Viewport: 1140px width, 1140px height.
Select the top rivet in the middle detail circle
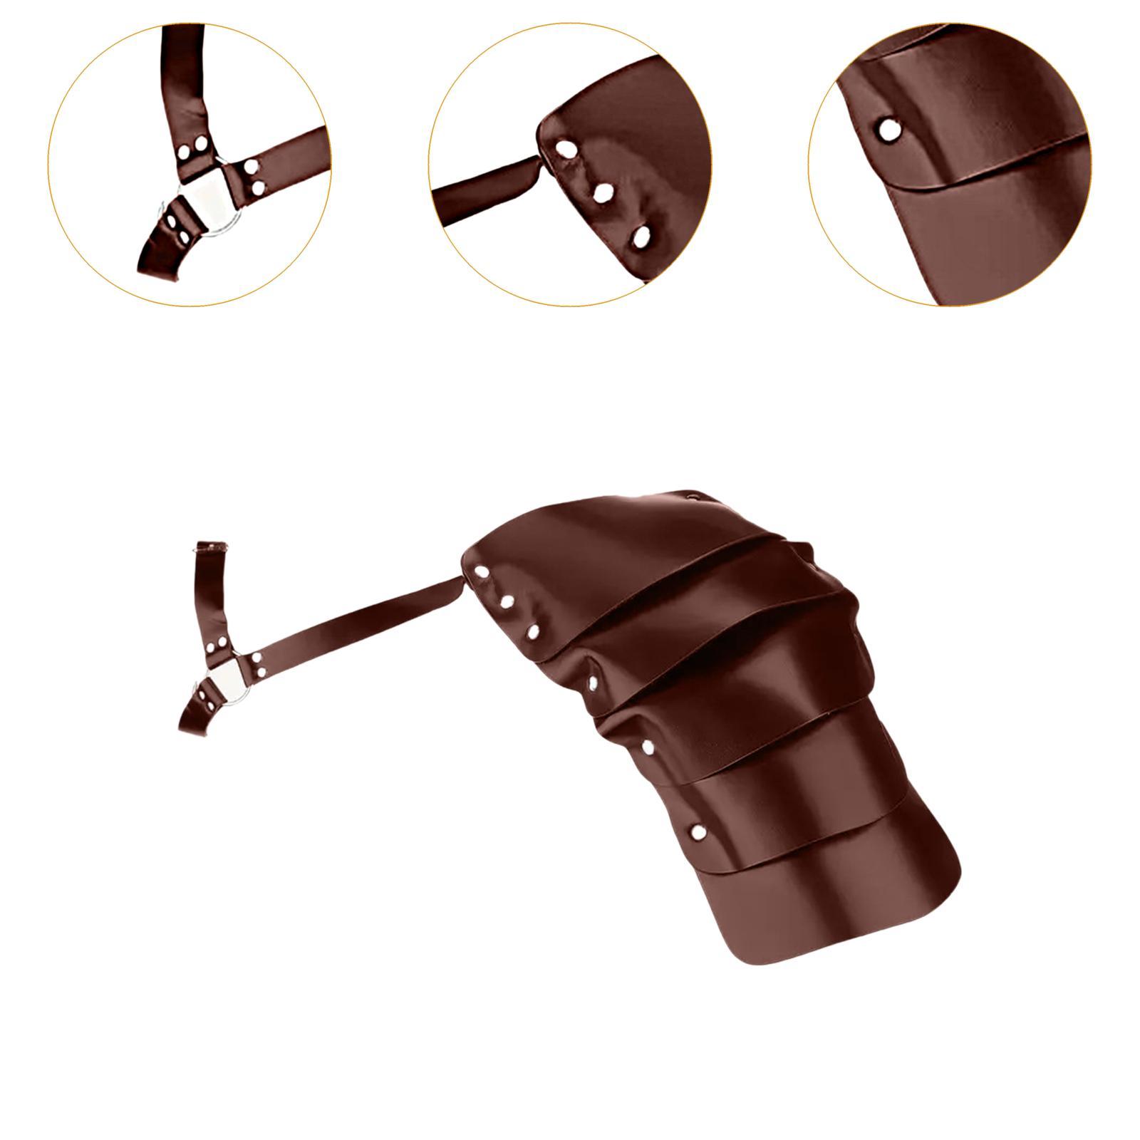pyautogui.click(x=566, y=150)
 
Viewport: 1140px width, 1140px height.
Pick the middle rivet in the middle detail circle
pyautogui.click(x=603, y=192)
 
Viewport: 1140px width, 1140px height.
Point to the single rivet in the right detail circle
pyautogui.click(x=888, y=130)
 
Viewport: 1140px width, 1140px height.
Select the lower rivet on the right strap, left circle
pyautogui.click(x=258, y=187)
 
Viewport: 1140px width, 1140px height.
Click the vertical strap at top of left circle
pyautogui.click(x=184, y=78)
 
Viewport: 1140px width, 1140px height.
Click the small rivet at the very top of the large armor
pyautogui.click(x=691, y=494)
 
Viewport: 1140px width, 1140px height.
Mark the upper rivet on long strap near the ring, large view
pyautogui.click(x=257, y=658)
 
